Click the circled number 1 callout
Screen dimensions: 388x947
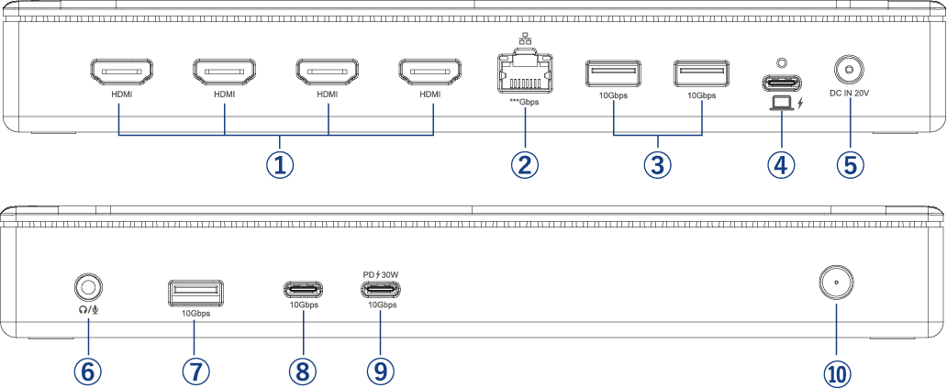coord(281,165)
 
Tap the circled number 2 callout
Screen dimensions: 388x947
coord(524,165)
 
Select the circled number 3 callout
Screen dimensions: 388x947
coord(657,165)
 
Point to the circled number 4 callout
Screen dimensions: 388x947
coord(781,165)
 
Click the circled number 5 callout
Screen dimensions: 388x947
coord(850,165)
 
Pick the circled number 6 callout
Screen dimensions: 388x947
coord(88,371)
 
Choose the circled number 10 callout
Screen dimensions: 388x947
coord(837,371)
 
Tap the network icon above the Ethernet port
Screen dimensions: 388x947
coord(524,39)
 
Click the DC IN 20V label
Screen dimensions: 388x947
coord(848,93)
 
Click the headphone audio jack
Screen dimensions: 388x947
coord(88,288)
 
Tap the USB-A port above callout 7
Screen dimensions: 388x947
coord(195,292)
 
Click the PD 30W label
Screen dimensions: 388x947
coord(381,274)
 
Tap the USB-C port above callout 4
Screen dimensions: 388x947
coord(781,81)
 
